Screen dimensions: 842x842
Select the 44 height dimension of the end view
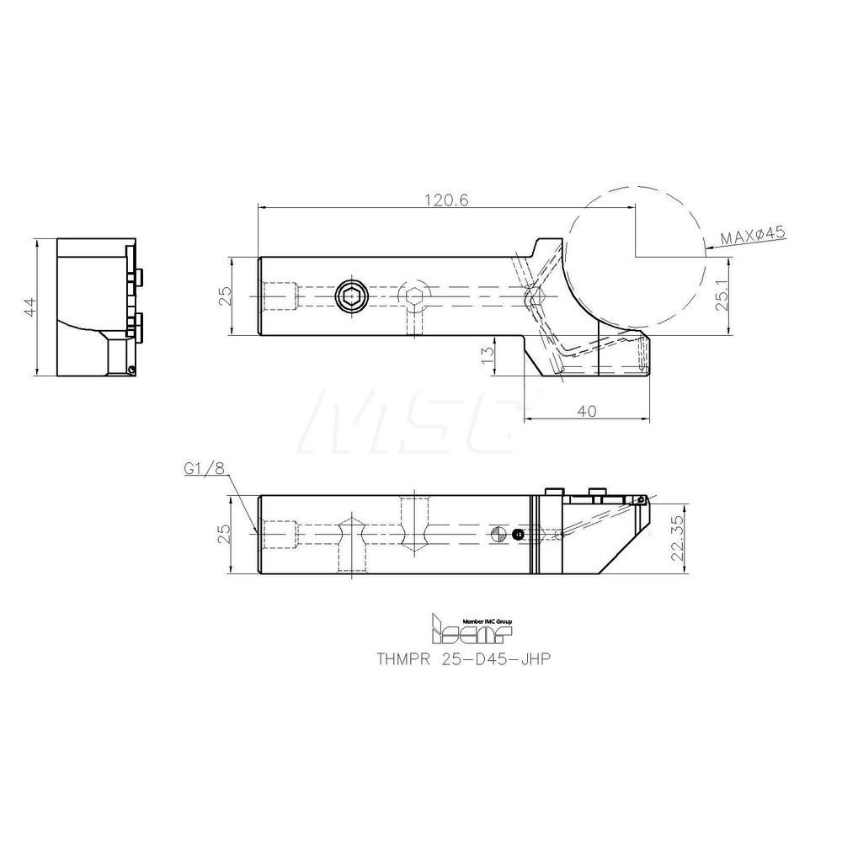[29, 307]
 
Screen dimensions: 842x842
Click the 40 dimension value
[587, 410]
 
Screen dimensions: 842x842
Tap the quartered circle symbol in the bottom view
[498, 534]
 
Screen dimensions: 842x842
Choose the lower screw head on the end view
[137, 322]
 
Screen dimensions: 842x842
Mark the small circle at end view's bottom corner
[131, 370]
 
